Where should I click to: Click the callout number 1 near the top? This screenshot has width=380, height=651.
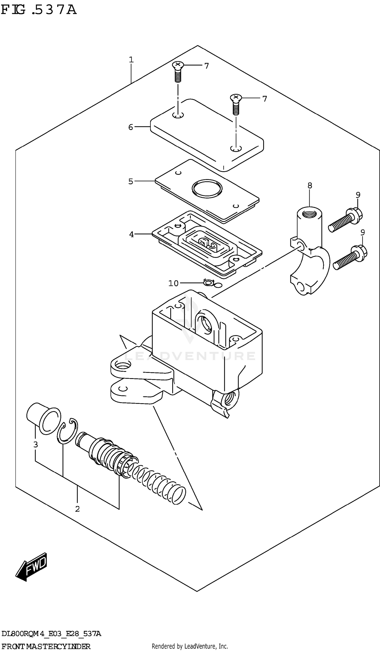click(x=131, y=60)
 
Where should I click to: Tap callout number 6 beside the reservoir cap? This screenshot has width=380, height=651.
click(x=131, y=127)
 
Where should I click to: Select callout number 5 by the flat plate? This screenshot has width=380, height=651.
click(x=131, y=181)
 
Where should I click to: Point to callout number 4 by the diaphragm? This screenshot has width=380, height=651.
click(x=131, y=234)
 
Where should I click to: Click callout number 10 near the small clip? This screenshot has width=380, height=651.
click(x=173, y=283)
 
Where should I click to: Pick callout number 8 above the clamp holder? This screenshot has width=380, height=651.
click(x=310, y=185)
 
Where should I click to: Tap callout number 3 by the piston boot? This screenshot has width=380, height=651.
click(x=36, y=445)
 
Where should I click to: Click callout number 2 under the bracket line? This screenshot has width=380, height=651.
click(x=77, y=509)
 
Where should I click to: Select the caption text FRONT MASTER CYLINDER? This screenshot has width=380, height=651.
click(x=46, y=646)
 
